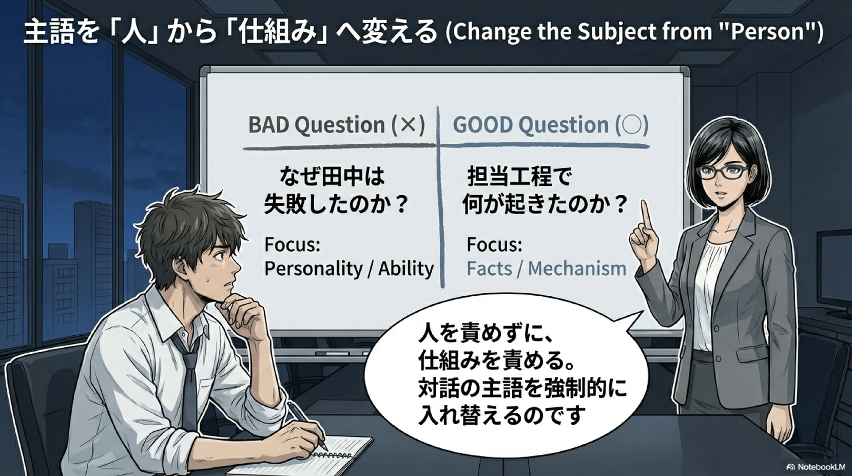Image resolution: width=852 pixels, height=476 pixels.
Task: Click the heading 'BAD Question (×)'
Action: coord(336,125)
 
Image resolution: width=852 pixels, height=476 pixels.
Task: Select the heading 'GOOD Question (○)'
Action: coord(551,125)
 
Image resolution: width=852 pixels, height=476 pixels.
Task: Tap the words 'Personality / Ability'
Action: coord(349,269)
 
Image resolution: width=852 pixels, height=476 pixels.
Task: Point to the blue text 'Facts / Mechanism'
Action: coord(547,269)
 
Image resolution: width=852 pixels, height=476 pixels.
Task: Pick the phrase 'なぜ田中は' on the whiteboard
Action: coord(332,177)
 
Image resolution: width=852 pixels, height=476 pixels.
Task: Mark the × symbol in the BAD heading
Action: coord(406,125)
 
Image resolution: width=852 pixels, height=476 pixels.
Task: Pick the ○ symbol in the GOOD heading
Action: coord(631,125)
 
